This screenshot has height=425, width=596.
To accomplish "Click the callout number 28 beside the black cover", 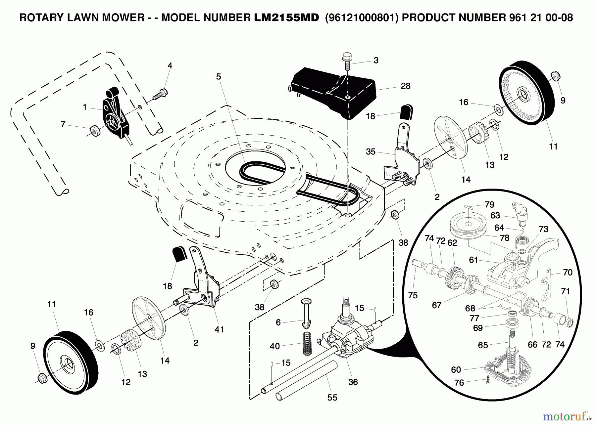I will (405, 86).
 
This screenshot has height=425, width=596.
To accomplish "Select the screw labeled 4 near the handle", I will (161, 94).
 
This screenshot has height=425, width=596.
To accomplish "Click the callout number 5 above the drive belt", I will (218, 77).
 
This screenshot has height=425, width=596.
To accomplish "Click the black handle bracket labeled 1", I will (116, 114).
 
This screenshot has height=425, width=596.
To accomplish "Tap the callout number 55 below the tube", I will (332, 398).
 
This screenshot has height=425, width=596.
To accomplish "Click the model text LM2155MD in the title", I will (286, 18).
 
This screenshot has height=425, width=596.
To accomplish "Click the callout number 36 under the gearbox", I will (353, 382).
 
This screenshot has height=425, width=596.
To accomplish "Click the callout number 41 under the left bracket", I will (219, 329).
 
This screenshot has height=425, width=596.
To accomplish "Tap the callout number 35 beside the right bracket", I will (371, 152).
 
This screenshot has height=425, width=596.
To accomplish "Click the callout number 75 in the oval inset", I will (413, 295).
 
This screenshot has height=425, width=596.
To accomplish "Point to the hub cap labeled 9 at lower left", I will (42, 377).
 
